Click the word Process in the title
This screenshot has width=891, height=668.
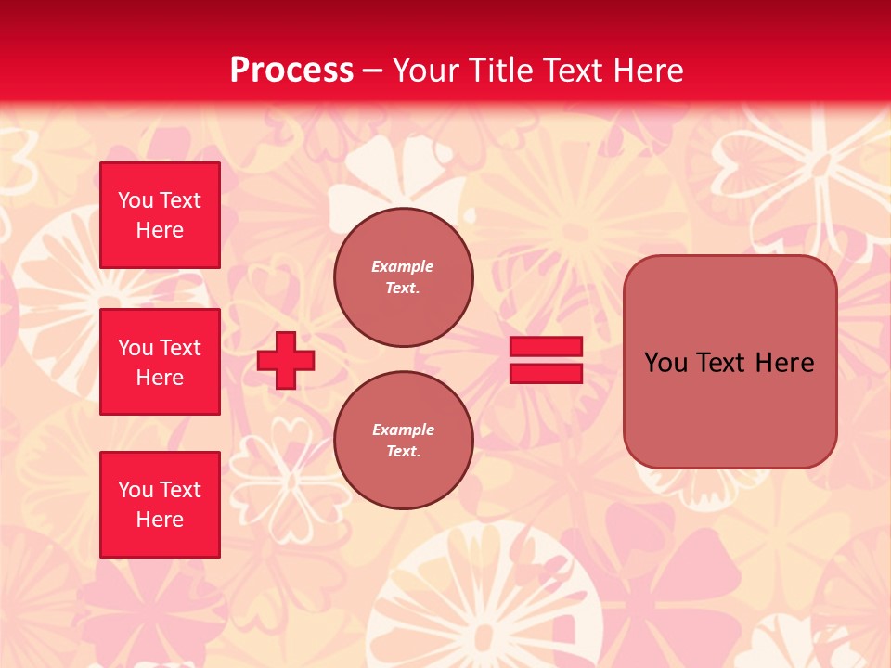291,71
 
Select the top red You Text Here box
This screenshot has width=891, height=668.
160,215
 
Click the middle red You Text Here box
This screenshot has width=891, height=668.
160,362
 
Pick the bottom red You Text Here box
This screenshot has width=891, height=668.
160,505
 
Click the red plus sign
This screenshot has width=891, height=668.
286,360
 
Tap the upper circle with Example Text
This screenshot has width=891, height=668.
404,277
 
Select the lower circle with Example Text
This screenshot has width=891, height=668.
404,441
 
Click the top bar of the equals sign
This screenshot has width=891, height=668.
546,346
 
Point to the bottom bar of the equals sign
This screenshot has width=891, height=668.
546,373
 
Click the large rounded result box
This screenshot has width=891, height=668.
730,399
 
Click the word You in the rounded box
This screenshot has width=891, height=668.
665,363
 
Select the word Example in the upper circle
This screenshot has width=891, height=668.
402,266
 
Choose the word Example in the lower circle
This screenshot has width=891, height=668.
402,430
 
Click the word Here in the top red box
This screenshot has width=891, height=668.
160,230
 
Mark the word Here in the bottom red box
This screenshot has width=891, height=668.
160,520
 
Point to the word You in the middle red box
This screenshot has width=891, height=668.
134,348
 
